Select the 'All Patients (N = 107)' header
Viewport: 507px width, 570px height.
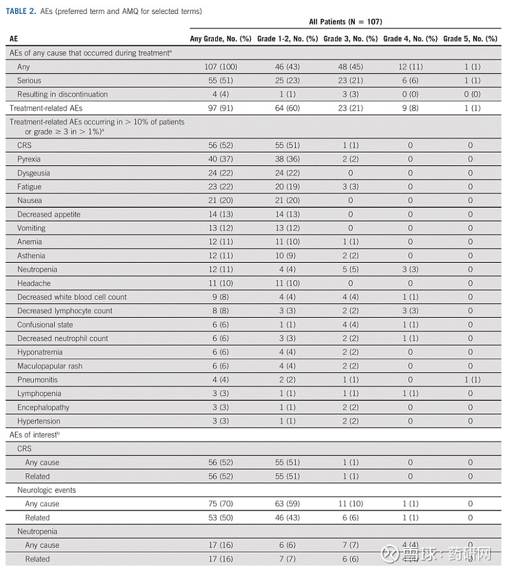[x=345, y=22]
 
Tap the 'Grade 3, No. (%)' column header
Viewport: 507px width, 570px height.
[x=350, y=39]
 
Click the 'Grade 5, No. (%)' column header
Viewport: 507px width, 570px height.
[x=470, y=39]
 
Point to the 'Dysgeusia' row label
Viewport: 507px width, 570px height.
[x=34, y=173]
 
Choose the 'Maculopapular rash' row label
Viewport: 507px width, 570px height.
[x=50, y=366]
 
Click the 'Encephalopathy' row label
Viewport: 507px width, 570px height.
[x=43, y=407]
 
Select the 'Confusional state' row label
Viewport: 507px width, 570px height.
[x=45, y=324]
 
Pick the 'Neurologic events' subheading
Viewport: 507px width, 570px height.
[x=46, y=490]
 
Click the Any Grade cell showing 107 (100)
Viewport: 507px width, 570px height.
[x=221, y=67]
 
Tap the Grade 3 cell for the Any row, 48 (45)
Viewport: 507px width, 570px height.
[x=350, y=67]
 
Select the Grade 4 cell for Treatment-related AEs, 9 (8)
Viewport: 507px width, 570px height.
[x=410, y=108]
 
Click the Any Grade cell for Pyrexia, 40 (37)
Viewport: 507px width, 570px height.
[x=221, y=160]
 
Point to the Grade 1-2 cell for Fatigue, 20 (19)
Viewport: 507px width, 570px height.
[x=285, y=187]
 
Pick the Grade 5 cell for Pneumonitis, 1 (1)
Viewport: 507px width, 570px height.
[x=470, y=379]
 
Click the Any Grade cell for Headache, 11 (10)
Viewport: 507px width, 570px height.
[x=221, y=283]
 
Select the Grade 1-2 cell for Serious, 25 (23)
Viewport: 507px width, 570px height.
[x=285, y=81]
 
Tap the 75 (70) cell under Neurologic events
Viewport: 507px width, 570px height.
[x=221, y=504]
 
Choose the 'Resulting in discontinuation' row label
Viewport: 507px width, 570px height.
[x=62, y=95]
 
